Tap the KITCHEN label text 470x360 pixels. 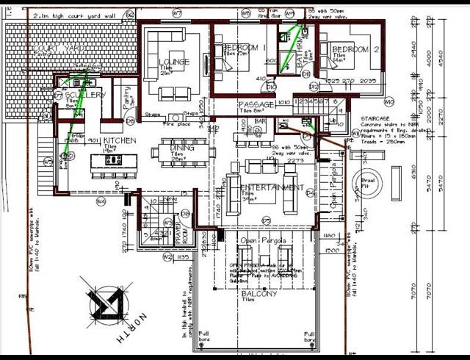point(119,140)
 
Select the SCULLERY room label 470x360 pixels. point(85,96)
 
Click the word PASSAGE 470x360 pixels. point(256,106)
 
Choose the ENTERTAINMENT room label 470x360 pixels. point(272,188)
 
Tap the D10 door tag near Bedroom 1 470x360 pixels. point(270,87)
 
